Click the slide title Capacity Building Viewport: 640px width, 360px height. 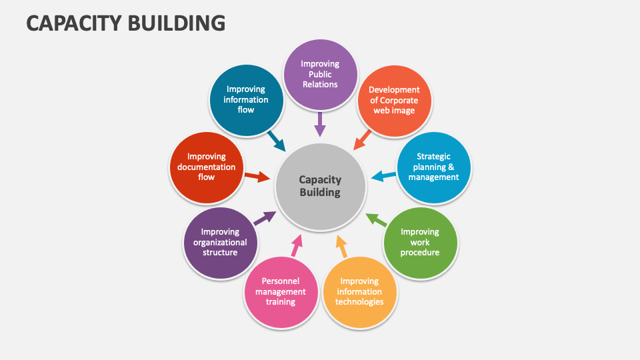(125, 23)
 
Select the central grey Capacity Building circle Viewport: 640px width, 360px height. (320, 187)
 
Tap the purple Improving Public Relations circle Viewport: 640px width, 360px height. (320, 74)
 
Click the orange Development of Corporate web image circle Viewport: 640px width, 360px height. (394, 100)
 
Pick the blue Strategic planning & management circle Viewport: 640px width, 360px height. (433, 167)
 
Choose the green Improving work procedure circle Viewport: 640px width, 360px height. (420, 242)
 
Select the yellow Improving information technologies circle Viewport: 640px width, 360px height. (359, 291)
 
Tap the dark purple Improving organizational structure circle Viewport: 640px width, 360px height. (220, 242)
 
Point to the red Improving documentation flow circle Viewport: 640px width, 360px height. (206, 167)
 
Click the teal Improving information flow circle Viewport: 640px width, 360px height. (246, 100)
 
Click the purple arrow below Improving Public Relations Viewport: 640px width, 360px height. (320, 125)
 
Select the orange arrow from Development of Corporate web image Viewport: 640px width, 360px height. (362, 139)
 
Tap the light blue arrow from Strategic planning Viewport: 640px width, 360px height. (383, 176)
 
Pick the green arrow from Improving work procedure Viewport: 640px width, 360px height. (377, 219)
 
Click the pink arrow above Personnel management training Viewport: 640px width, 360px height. (296, 246)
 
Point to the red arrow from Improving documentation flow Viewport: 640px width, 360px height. (257, 177)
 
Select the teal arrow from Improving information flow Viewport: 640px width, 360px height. (276, 140)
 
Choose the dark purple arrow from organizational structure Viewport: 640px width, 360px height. (265, 218)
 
